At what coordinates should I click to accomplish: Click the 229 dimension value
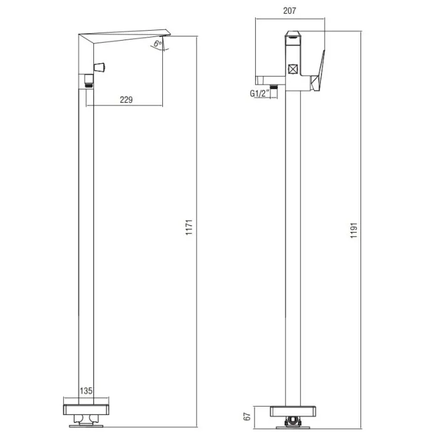coord(126,100)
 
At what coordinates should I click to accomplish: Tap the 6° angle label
coord(157,43)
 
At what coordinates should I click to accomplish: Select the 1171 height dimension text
coord(189,228)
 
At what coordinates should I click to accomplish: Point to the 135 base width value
coord(86,391)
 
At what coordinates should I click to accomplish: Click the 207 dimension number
coord(290,11)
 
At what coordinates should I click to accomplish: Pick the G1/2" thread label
coord(259,93)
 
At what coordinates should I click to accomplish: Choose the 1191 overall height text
coord(354,230)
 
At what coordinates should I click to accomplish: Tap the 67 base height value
coord(247,416)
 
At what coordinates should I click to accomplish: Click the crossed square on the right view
coord(293,69)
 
